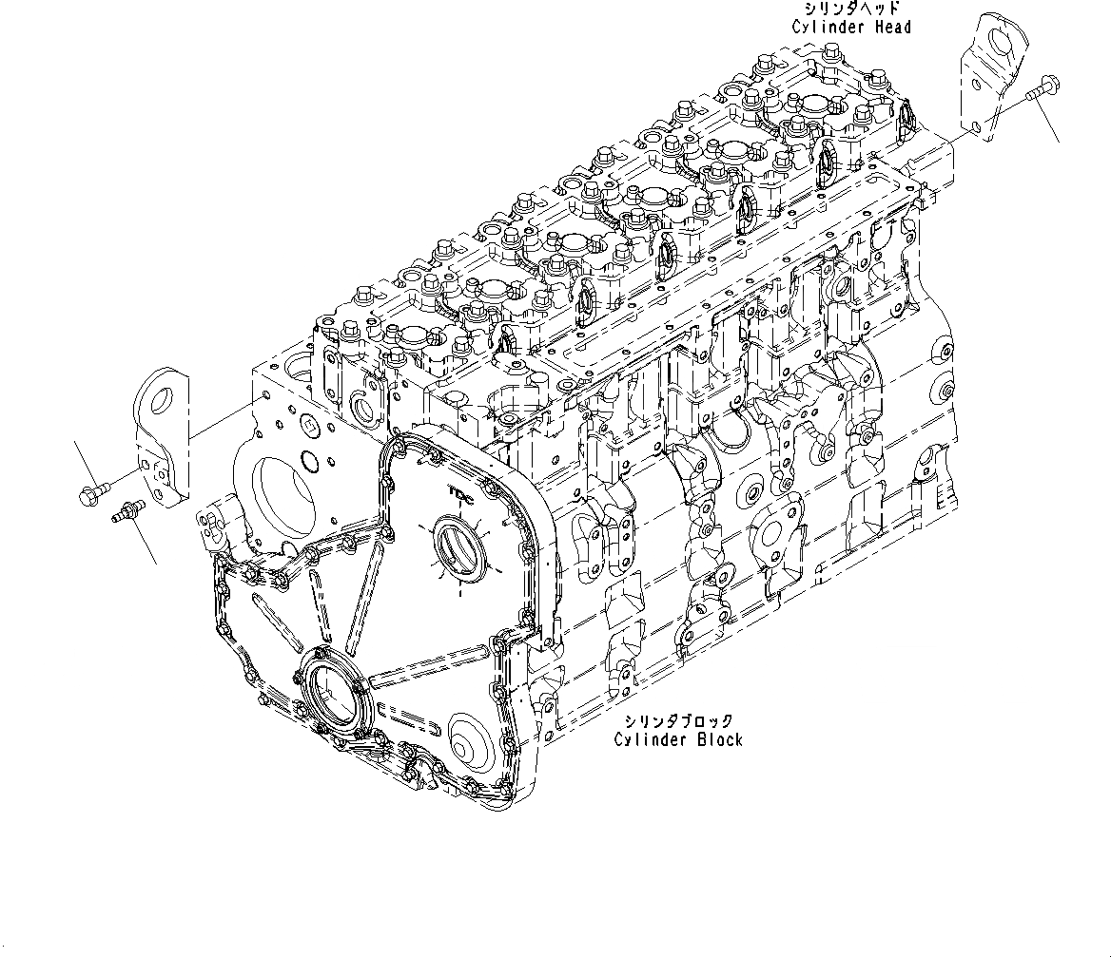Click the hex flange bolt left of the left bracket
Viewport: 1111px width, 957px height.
click(x=88, y=492)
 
